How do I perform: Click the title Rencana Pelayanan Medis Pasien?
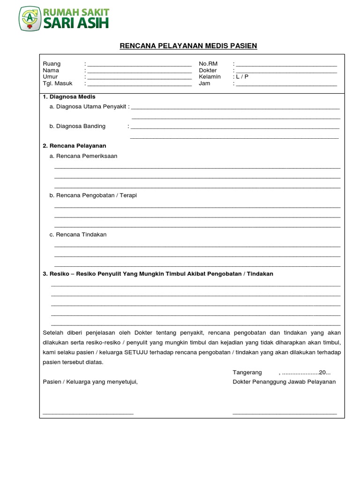tap(188, 45)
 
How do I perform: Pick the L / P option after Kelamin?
tap(242, 77)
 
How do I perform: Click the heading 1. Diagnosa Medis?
tap(69, 97)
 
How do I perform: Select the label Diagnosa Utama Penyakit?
tap(91, 107)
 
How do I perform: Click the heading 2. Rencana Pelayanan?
tap(75, 146)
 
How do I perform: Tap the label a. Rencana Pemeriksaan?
tap(83, 156)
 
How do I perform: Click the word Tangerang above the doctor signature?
tap(246, 373)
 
